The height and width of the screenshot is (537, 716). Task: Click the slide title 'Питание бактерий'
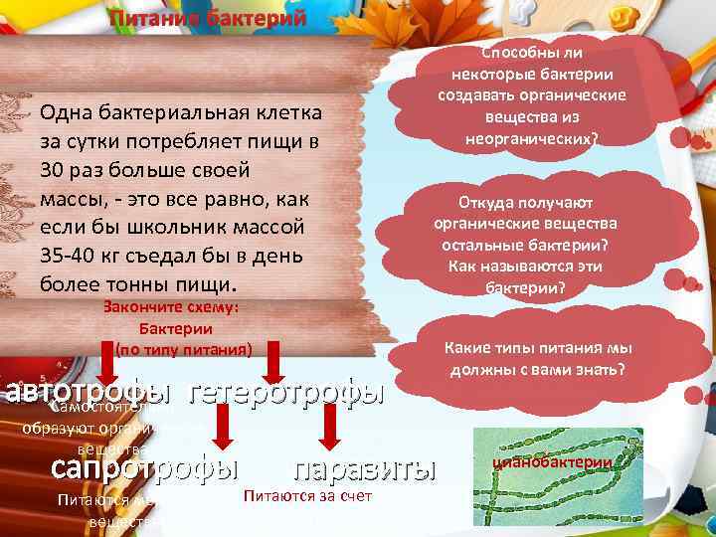tap(208, 19)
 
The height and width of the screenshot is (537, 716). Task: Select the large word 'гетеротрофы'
tap(286, 392)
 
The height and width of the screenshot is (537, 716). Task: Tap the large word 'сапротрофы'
tap(145, 467)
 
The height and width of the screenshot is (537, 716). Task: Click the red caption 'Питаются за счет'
tap(306, 495)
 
